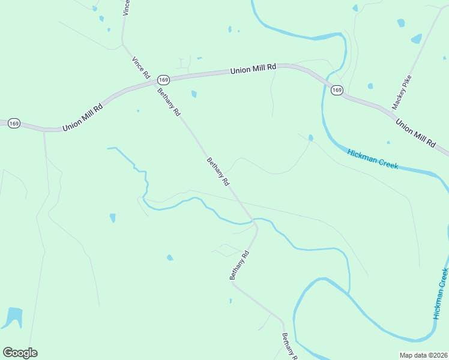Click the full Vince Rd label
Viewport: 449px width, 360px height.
141,68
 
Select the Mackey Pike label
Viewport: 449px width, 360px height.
402,92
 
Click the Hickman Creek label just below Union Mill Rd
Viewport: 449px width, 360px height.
372,159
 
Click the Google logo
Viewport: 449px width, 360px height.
20,353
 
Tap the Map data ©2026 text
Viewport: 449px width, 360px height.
423,355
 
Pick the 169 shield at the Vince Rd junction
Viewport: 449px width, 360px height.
163,79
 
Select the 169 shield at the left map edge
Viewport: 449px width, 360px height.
14,123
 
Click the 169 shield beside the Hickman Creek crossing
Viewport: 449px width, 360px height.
337,90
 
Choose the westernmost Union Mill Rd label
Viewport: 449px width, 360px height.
83,116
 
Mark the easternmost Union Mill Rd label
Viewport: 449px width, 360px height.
415,133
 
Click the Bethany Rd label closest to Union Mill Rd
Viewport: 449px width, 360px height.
169,101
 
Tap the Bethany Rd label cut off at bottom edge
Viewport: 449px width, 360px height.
289,346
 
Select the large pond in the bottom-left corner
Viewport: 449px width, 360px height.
13,316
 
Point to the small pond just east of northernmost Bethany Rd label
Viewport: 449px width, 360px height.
194,94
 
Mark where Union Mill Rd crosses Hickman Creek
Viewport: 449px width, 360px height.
325,83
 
